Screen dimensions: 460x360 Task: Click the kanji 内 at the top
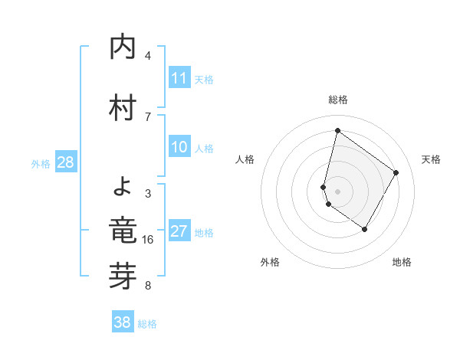pyautogui.click(x=123, y=47)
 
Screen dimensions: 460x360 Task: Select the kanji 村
pyautogui.click(x=123, y=106)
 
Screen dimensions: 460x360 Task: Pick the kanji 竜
pyautogui.click(x=123, y=230)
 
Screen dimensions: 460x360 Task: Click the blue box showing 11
pyautogui.click(x=179, y=78)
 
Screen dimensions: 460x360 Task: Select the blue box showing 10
pyautogui.click(x=179, y=147)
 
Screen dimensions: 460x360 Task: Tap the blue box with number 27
pyautogui.click(x=179, y=232)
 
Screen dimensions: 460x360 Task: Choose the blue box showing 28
pyautogui.click(x=65, y=162)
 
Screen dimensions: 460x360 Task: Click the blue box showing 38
pyautogui.click(x=123, y=322)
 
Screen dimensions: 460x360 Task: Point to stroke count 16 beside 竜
pyautogui.click(x=148, y=240)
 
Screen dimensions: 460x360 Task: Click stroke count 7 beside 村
pyautogui.click(x=148, y=116)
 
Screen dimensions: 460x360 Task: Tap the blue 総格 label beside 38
pyautogui.click(x=147, y=324)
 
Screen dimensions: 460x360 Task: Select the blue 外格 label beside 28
pyautogui.click(x=41, y=163)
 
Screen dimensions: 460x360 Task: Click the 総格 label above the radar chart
pyautogui.click(x=337, y=100)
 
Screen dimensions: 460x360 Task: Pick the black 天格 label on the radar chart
pyautogui.click(x=431, y=159)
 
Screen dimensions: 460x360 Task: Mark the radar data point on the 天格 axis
pyautogui.click(x=396, y=172)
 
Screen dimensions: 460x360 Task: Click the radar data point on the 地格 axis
pyautogui.click(x=365, y=229)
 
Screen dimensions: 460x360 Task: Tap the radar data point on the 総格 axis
pyautogui.click(x=337, y=130)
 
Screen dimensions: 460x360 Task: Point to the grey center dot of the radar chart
pyautogui.click(x=337, y=191)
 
